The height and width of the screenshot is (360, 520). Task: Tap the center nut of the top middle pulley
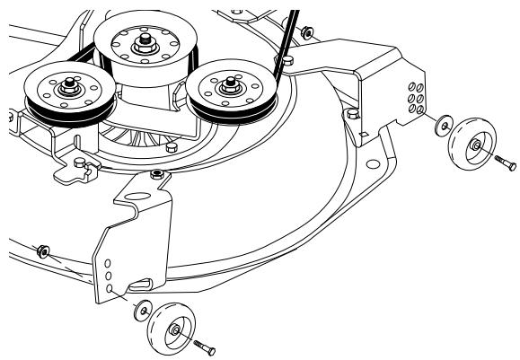click(143, 40)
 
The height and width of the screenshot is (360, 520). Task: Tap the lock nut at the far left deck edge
click(41, 249)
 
